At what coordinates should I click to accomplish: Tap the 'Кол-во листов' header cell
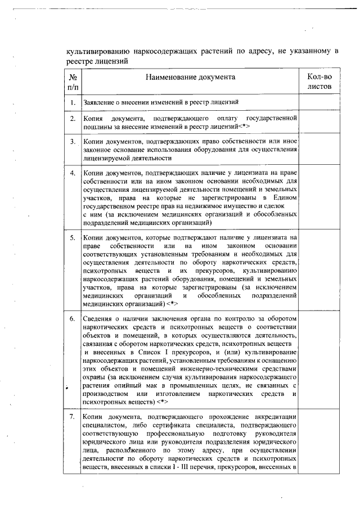(x=319, y=82)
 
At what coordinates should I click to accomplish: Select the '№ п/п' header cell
(x=73, y=82)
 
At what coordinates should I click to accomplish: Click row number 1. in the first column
(x=73, y=102)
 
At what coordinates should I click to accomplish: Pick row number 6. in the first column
(x=73, y=318)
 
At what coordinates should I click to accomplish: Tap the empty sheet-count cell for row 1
(x=319, y=102)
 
